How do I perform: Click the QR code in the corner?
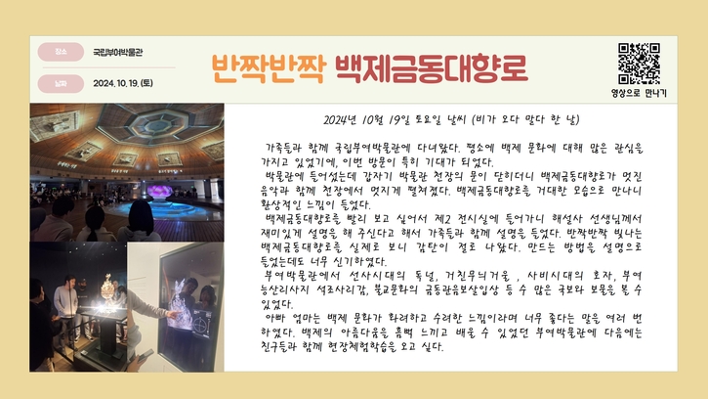tap(639, 64)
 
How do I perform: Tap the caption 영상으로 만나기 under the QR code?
tap(639, 93)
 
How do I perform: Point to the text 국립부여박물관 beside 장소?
tap(118, 52)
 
